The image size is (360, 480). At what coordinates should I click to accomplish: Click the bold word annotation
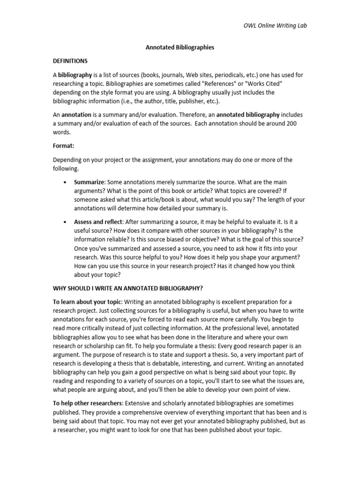(x=76, y=114)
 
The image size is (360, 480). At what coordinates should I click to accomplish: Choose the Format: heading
(x=63, y=146)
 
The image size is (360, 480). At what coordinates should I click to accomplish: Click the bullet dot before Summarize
(x=63, y=182)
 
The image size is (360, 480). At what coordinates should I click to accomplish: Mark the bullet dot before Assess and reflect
(x=63, y=222)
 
